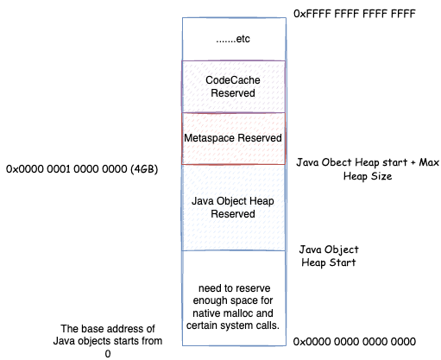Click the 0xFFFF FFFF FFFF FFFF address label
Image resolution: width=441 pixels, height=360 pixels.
(x=355, y=14)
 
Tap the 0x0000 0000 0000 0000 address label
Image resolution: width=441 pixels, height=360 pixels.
(x=355, y=342)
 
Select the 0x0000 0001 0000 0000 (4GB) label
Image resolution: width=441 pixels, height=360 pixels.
(x=82, y=169)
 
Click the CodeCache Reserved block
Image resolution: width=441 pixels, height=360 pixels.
(x=233, y=86)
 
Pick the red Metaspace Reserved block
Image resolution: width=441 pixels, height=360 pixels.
(x=233, y=138)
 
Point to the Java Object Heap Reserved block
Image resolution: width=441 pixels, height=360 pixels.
(x=233, y=207)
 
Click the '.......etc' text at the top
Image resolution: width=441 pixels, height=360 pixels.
(x=233, y=39)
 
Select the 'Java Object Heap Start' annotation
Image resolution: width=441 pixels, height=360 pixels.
(x=329, y=256)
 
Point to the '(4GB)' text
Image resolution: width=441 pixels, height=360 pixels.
(x=144, y=169)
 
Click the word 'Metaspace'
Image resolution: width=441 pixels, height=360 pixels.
(x=209, y=138)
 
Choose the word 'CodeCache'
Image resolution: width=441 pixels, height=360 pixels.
(x=233, y=80)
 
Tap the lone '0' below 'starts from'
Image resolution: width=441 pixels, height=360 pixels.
(x=108, y=354)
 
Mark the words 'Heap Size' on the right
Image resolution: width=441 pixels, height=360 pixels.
(x=368, y=176)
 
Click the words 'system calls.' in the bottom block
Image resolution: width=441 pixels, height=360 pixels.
(x=249, y=325)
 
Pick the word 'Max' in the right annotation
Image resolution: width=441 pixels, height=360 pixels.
(x=429, y=162)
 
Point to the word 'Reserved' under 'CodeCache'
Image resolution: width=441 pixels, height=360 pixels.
(x=233, y=93)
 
